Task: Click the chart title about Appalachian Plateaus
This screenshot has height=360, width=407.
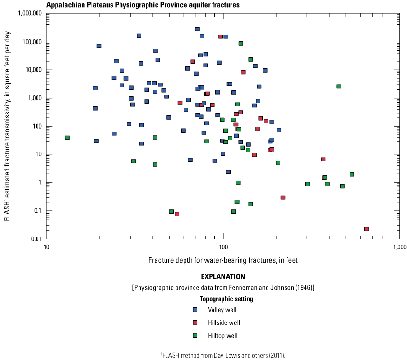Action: point(143,5)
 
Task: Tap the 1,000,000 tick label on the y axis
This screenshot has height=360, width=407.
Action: point(26,14)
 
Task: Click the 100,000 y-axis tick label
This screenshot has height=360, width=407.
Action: point(29,42)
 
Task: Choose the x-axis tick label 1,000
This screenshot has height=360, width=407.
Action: point(399,247)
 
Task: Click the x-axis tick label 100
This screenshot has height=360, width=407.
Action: point(223,247)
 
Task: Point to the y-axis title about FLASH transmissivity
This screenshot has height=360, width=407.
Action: point(7,126)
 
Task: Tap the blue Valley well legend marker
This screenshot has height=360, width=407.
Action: point(195,310)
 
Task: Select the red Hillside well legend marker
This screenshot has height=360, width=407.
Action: point(195,322)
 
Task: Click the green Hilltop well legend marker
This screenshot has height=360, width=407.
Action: point(195,335)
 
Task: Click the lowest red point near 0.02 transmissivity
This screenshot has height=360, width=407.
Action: point(367,229)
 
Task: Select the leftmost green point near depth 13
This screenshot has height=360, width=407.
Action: point(67,138)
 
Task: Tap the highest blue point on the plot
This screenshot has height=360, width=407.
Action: point(197,29)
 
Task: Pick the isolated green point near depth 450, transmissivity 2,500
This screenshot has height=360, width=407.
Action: point(339,86)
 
